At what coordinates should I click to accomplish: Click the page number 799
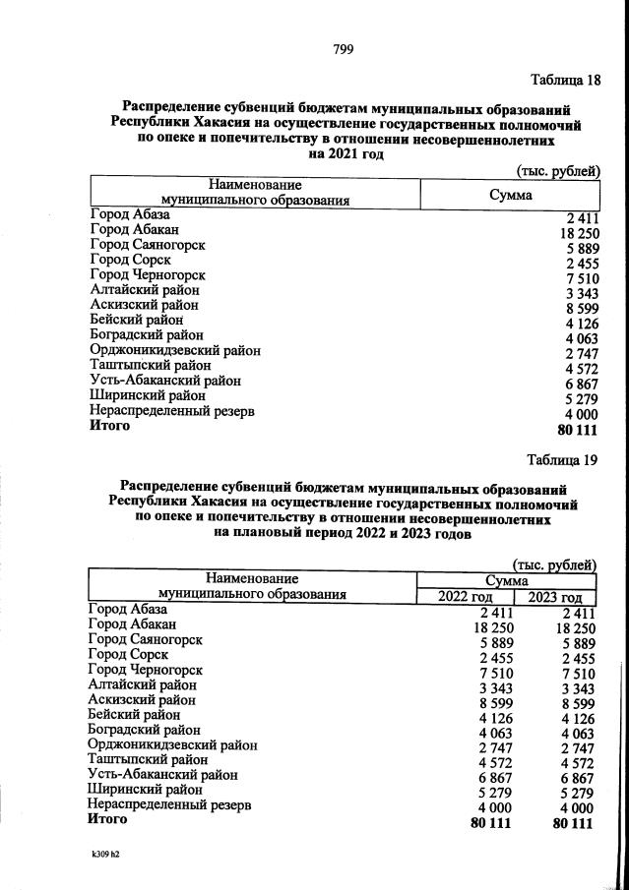point(343,49)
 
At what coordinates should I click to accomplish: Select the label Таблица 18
point(564,80)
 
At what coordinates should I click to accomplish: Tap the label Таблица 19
point(561,459)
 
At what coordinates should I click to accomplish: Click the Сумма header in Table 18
point(510,195)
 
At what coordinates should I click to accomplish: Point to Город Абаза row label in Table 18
point(130,214)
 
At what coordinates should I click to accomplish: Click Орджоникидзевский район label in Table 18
point(175,349)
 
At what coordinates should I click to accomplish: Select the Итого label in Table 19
point(108,818)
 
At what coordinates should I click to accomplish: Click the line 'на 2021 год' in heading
point(345,153)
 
